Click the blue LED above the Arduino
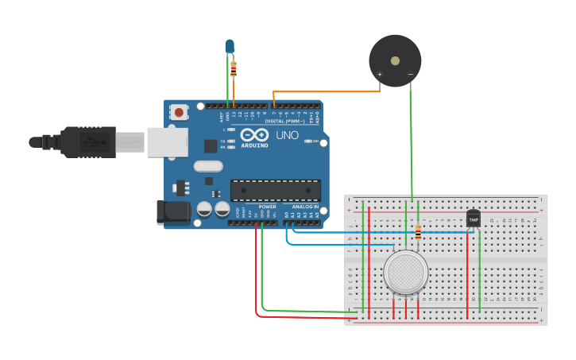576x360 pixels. click(x=230, y=46)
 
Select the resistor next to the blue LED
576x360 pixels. click(x=234, y=69)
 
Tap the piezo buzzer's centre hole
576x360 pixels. click(x=395, y=59)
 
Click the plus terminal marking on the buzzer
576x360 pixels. click(x=380, y=75)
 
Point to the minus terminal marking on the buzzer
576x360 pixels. click(x=410, y=75)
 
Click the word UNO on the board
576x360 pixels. click(x=287, y=135)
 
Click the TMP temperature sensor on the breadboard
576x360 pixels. click(x=474, y=219)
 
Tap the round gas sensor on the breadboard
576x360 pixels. click(x=406, y=273)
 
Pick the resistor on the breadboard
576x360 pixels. click(x=418, y=232)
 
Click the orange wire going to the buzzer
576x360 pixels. click(x=326, y=92)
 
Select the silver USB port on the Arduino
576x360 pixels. click(x=165, y=141)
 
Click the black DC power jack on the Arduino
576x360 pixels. click(x=173, y=211)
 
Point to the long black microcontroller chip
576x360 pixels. click(x=276, y=191)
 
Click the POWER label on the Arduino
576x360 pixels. click(x=267, y=207)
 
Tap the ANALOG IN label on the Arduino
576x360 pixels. click(x=306, y=207)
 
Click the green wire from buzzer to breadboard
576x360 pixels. click(x=412, y=143)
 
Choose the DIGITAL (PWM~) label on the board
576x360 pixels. click(x=284, y=121)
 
